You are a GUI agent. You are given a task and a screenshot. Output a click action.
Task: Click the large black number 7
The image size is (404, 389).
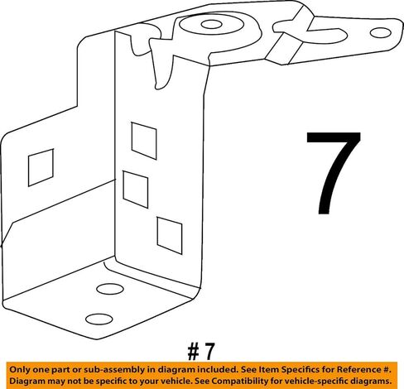point(333,172)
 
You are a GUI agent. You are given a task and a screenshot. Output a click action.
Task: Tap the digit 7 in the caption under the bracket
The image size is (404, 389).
point(209,352)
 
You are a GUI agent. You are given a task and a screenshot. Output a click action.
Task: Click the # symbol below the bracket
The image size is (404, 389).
point(193,352)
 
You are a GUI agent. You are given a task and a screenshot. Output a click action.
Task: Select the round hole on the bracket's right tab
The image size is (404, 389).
point(381,33)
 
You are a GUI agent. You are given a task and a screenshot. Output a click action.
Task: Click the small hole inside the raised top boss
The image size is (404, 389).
point(212,25)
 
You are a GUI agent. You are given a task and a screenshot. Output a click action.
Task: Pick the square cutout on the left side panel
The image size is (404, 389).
point(41,168)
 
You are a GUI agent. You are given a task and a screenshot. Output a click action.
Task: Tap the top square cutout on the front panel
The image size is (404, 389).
point(144,141)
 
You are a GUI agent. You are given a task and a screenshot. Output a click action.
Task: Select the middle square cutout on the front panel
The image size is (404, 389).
point(136,190)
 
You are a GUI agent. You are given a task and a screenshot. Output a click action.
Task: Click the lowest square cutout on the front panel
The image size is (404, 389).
point(170,236)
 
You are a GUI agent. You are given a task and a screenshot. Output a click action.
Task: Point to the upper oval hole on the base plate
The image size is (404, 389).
point(110,289)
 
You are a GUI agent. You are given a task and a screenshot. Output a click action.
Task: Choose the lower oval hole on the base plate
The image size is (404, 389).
point(99,319)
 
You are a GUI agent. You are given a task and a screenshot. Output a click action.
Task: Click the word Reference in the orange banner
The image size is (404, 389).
point(359,369)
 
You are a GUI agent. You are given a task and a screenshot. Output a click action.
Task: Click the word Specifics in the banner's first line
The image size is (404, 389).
point(300,370)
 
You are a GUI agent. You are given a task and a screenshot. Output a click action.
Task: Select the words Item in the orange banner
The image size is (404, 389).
point(267,369)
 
